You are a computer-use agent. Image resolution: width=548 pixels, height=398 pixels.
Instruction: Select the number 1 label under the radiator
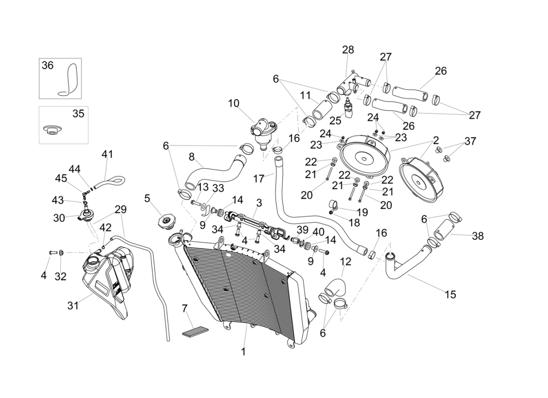[x=244, y=352]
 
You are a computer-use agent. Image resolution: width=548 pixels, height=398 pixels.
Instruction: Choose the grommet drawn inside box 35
[x=51, y=130]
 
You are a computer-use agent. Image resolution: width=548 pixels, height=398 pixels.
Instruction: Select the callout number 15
[x=450, y=295]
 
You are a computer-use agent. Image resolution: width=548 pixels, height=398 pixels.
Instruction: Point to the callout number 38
[x=478, y=236]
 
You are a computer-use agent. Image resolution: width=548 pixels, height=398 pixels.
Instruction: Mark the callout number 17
[x=258, y=178]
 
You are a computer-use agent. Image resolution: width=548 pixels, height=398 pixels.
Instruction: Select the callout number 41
[x=108, y=155]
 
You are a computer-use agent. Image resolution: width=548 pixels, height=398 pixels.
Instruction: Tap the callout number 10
[x=234, y=103]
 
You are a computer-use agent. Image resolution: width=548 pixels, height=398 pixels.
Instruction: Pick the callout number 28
[x=348, y=50]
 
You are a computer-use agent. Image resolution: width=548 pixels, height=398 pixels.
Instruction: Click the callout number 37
[x=470, y=141]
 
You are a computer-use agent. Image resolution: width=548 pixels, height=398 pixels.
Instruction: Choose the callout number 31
[x=73, y=306]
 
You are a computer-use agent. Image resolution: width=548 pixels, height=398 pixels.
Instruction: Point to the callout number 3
[x=259, y=203]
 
